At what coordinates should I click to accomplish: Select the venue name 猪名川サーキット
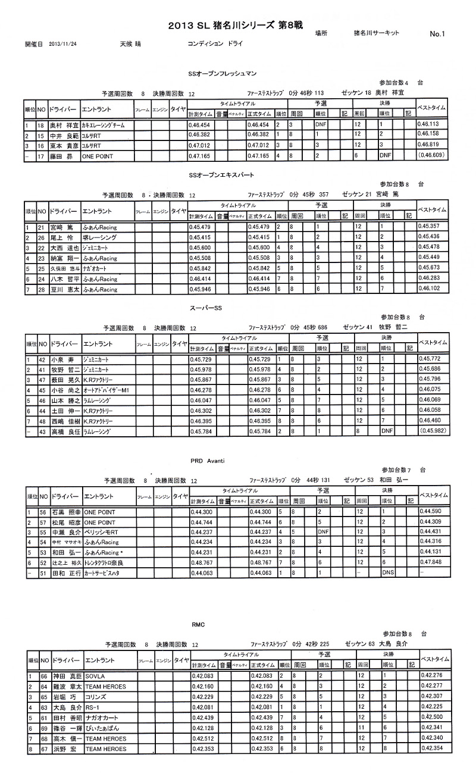pos(376,33)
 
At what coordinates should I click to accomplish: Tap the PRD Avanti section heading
pos(206,461)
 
